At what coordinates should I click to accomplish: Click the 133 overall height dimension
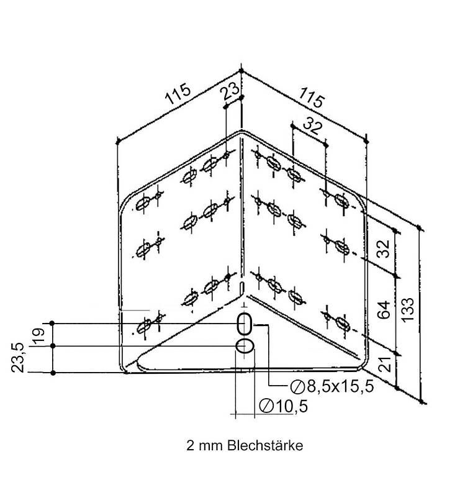pos(408,309)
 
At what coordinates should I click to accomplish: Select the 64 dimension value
pos(384,310)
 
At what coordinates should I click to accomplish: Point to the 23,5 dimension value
pos(17,357)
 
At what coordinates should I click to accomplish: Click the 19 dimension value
pos(38,336)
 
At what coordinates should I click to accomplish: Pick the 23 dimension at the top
pos(230,91)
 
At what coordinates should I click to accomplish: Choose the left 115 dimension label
pos(178,93)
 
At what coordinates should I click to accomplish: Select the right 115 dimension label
pos(312,97)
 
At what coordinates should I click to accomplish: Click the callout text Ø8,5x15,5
pos(332,387)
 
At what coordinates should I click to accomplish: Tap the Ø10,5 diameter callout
pos(283,406)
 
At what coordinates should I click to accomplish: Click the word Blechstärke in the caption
pos(265,446)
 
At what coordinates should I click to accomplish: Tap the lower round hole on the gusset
pos(245,346)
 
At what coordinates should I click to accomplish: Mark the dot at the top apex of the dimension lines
pos(241,71)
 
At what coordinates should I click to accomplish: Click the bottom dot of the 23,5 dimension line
pos(53,373)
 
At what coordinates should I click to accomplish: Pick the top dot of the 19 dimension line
pos(52,323)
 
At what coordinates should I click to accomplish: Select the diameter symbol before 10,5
pos(266,406)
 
